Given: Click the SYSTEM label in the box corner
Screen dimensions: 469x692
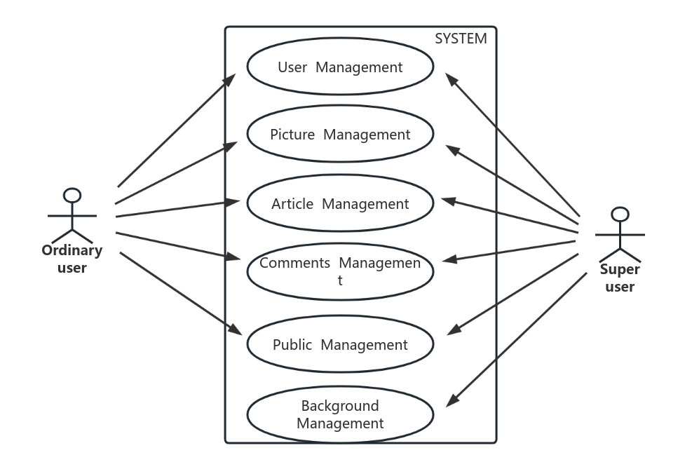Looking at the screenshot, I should (x=461, y=39).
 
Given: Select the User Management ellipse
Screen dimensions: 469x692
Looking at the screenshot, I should (x=340, y=67).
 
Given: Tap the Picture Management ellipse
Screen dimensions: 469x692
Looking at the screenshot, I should (x=340, y=134).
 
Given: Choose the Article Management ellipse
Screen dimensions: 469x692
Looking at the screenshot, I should (x=340, y=203).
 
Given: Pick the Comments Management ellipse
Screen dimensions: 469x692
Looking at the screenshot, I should (x=340, y=271).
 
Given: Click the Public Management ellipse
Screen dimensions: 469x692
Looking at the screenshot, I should (x=340, y=344).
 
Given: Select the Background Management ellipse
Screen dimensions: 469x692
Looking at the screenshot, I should (x=340, y=414).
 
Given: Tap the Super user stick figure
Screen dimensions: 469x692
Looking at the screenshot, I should (x=620, y=234).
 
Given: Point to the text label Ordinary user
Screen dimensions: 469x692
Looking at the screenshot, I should (x=72, y=259).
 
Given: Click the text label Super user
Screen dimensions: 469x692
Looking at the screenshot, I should (x=620, y=278).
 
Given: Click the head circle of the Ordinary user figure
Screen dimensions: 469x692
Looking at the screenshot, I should (x=72, y=195).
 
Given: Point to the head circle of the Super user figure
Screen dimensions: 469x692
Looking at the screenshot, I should (x=620, y=214).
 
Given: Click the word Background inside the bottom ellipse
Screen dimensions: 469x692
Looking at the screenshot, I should (x=340, y=406).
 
